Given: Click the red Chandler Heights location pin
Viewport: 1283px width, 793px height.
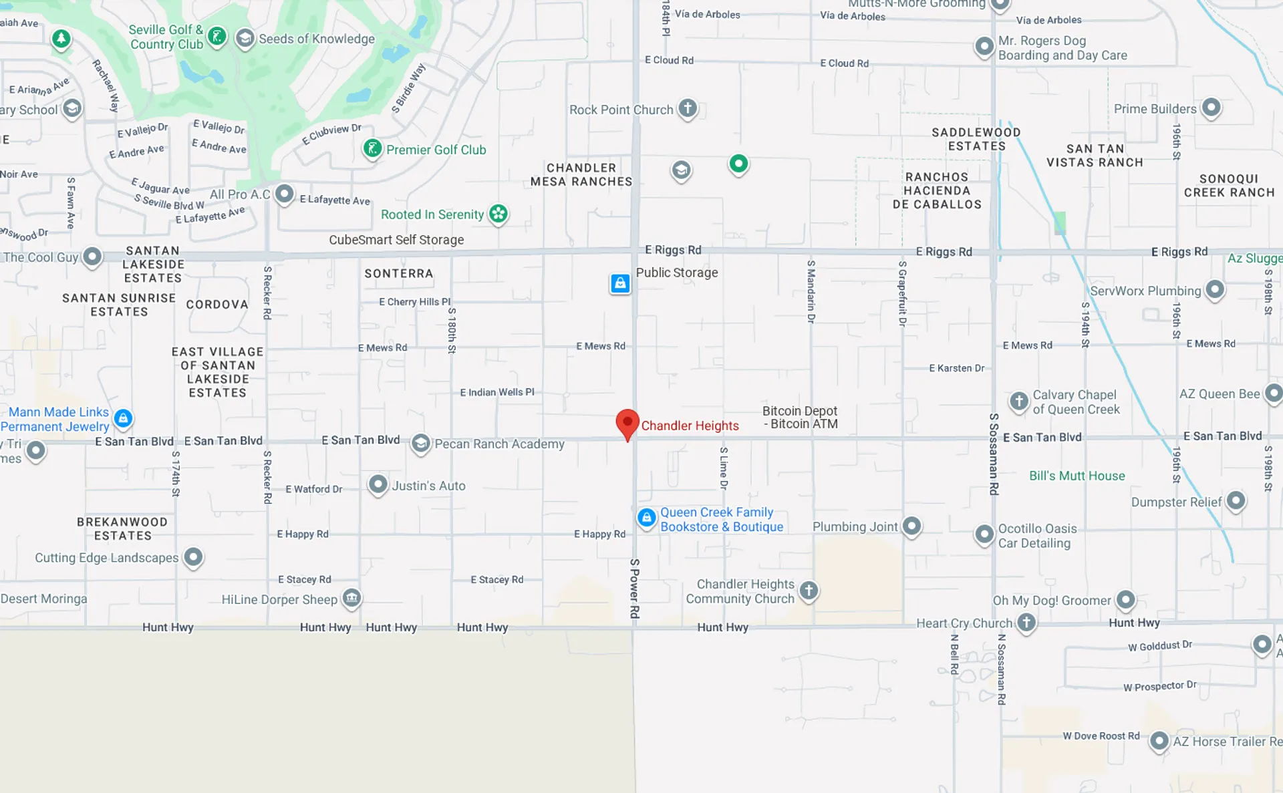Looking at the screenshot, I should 627,423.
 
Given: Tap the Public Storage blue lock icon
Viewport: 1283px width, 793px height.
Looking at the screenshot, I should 620,283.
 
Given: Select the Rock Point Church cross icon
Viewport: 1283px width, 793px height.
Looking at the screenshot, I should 688,108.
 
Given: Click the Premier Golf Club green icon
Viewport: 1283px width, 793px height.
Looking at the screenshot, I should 372,148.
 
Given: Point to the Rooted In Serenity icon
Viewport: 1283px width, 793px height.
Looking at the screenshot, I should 498,214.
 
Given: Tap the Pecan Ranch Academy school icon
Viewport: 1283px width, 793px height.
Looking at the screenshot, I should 420,443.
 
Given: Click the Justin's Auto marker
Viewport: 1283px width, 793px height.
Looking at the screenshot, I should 378,484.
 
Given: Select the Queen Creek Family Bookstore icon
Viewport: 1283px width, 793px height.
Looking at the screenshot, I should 646,518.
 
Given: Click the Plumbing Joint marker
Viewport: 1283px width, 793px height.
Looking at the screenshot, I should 912,526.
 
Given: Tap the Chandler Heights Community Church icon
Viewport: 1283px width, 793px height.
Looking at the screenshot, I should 809,590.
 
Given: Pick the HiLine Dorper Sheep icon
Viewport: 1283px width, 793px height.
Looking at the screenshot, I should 351,597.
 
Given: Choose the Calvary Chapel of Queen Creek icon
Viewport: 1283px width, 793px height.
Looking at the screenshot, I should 1019,401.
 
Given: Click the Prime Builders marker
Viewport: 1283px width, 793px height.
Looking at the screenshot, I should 1211,107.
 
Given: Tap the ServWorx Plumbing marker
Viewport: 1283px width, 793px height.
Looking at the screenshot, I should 1215,289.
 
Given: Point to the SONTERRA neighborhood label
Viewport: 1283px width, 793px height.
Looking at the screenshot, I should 398,273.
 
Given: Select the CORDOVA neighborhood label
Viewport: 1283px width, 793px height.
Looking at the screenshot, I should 217,304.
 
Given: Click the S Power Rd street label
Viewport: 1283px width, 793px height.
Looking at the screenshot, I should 635,588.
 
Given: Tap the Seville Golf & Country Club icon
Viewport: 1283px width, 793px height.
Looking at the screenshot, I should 217,36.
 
